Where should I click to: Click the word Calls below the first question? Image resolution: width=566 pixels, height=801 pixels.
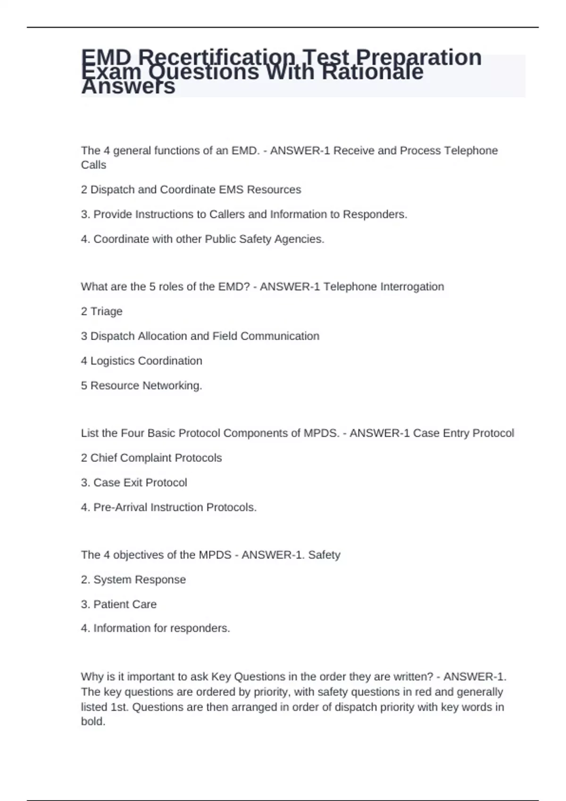(93, 165)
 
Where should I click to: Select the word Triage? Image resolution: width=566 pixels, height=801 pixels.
(106, 311)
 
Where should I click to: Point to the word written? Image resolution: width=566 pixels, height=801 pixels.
(412, 677)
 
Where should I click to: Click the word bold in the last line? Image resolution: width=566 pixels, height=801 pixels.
(92, 721)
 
